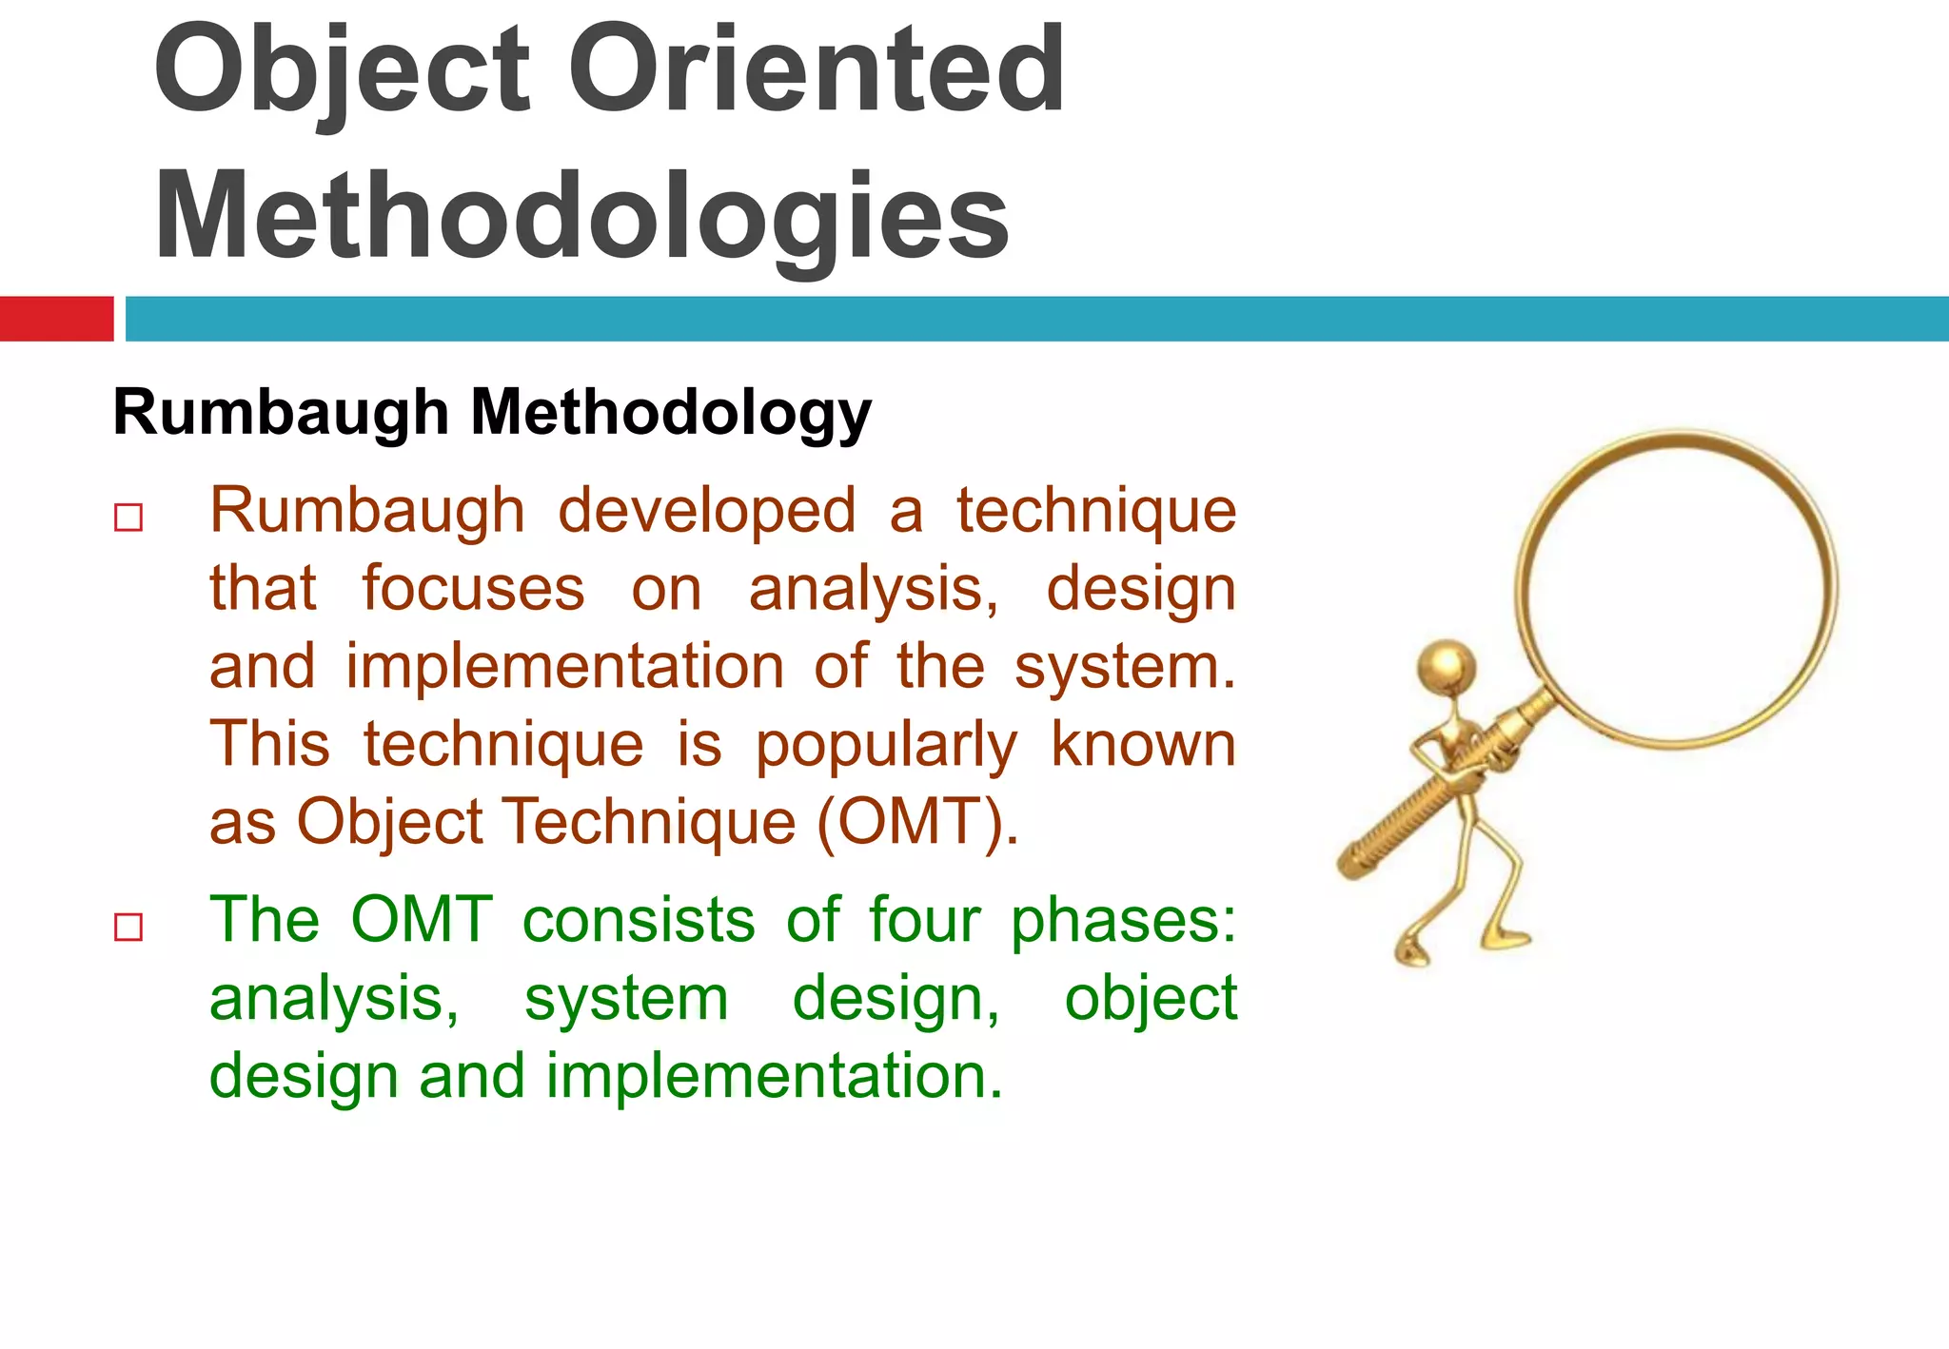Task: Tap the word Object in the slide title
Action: tap(341, 71)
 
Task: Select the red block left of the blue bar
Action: tap(56, 318)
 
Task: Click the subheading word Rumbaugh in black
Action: tap(281, 413)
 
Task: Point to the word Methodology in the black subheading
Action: tap(671, 413)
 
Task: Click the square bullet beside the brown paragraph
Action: tap(128, 518)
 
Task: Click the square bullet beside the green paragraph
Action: tap(128, 927)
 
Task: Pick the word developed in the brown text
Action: tap(706, 512)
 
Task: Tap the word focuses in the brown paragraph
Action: tap(473, 589)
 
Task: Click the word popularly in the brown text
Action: tap(886, 745)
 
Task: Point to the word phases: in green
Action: tap(1122, 922)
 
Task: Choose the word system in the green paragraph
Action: tap(626, 999)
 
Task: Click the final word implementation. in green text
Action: tap(774, 1077)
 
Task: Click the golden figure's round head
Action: tap(1447, 664)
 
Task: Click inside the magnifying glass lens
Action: tap(1675, 585)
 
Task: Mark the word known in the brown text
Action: tap(1143, 744)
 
